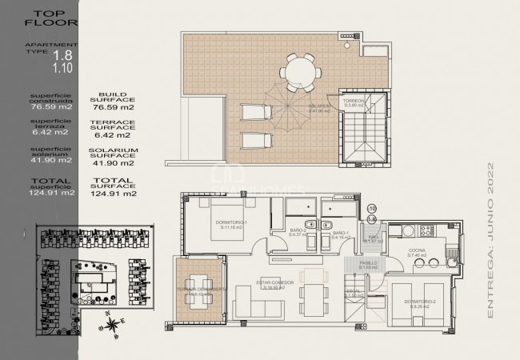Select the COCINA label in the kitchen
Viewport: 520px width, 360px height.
[418, 250]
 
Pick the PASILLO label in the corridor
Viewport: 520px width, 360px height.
[367, 262]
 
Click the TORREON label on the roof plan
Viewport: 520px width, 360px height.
[354, 102]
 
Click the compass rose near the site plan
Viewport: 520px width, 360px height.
[114, 324]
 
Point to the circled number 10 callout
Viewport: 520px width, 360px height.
[371, 209]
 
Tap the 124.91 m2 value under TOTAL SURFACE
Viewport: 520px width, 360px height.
[114, 194]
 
